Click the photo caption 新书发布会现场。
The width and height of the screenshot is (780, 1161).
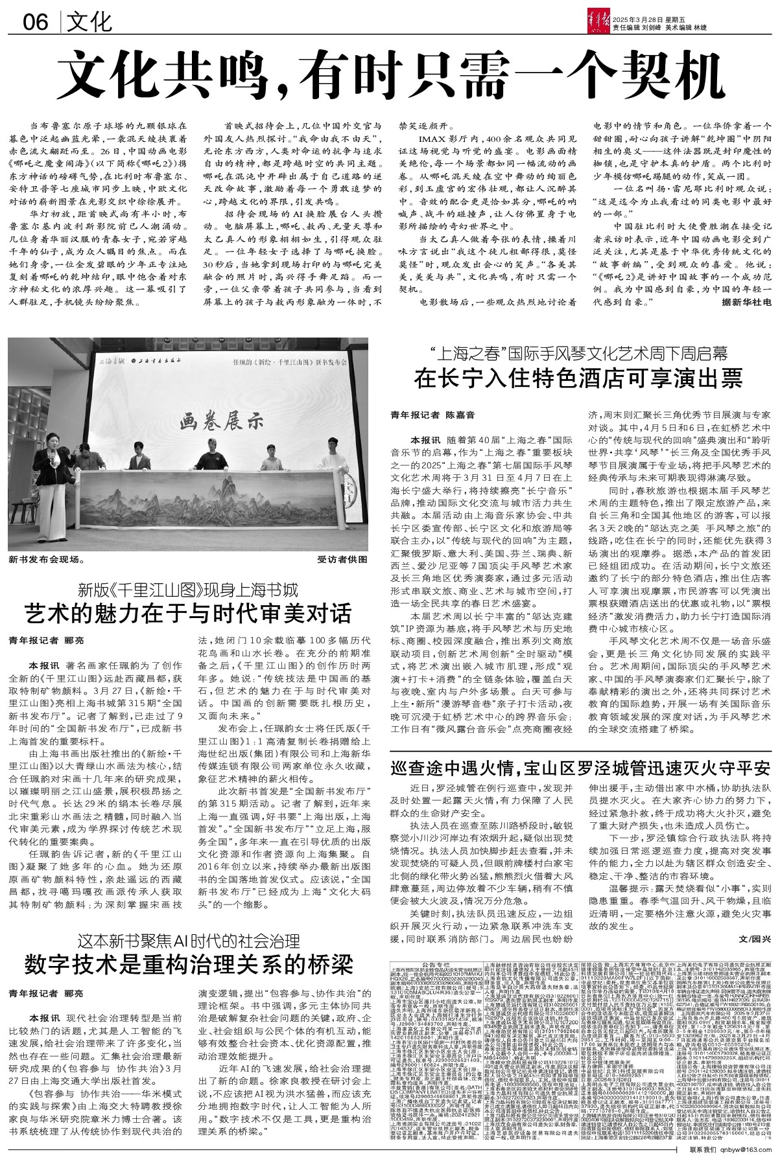point(47,557)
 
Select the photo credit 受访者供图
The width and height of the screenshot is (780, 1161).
point(342,557)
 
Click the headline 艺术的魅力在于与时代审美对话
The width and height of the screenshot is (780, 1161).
point(188,612)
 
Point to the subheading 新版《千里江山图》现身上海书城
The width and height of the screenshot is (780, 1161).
point(188,590)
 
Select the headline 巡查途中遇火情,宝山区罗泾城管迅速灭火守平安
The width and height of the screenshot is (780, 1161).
point(580,768)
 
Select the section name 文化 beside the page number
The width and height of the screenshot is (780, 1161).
point(91,23)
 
